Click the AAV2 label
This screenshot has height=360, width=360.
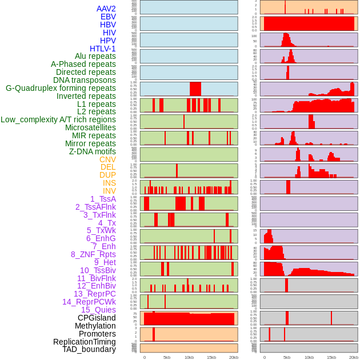pos(106,9)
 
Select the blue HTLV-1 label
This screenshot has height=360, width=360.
pos(102,49)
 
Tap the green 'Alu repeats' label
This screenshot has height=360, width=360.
pos(95,56)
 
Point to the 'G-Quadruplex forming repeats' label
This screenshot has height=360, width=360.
pos(61,88)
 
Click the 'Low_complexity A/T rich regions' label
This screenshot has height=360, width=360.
pos(58,119)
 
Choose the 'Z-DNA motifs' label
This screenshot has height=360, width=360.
pos(93,151)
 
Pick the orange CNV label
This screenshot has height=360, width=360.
pos(107,159)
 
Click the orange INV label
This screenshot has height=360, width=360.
pos(109,191)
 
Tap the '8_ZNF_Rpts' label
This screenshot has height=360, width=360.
pos(93,254)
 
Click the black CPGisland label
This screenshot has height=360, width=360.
pos(97,318)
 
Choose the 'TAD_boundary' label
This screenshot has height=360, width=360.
pos(89,349)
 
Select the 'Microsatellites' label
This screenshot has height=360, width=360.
pos(90,127)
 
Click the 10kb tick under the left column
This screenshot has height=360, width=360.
pos(189,357)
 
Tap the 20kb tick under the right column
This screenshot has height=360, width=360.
pos(354,357)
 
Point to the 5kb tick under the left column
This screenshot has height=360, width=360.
pos(167,357)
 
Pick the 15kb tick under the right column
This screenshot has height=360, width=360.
pos(331,357)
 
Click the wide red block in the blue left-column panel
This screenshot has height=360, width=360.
pos(195,89)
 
